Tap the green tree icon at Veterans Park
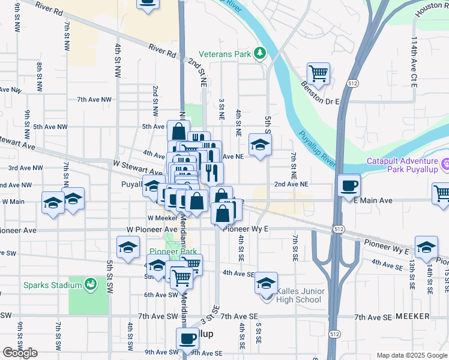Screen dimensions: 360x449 click(260, 54)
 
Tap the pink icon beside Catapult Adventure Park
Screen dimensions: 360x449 click(445, 164)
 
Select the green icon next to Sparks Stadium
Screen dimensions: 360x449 click(91, 283)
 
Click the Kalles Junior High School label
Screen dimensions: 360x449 click(300, 296)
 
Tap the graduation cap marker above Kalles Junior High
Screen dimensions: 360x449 click(267, 284)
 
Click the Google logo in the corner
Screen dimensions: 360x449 click(20, 353)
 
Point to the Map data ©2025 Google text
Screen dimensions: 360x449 click(412, 355)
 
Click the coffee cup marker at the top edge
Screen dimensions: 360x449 click(148, 3)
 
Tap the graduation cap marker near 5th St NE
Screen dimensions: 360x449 click(260, 145)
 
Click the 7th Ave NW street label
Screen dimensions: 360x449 click(94, 99)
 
